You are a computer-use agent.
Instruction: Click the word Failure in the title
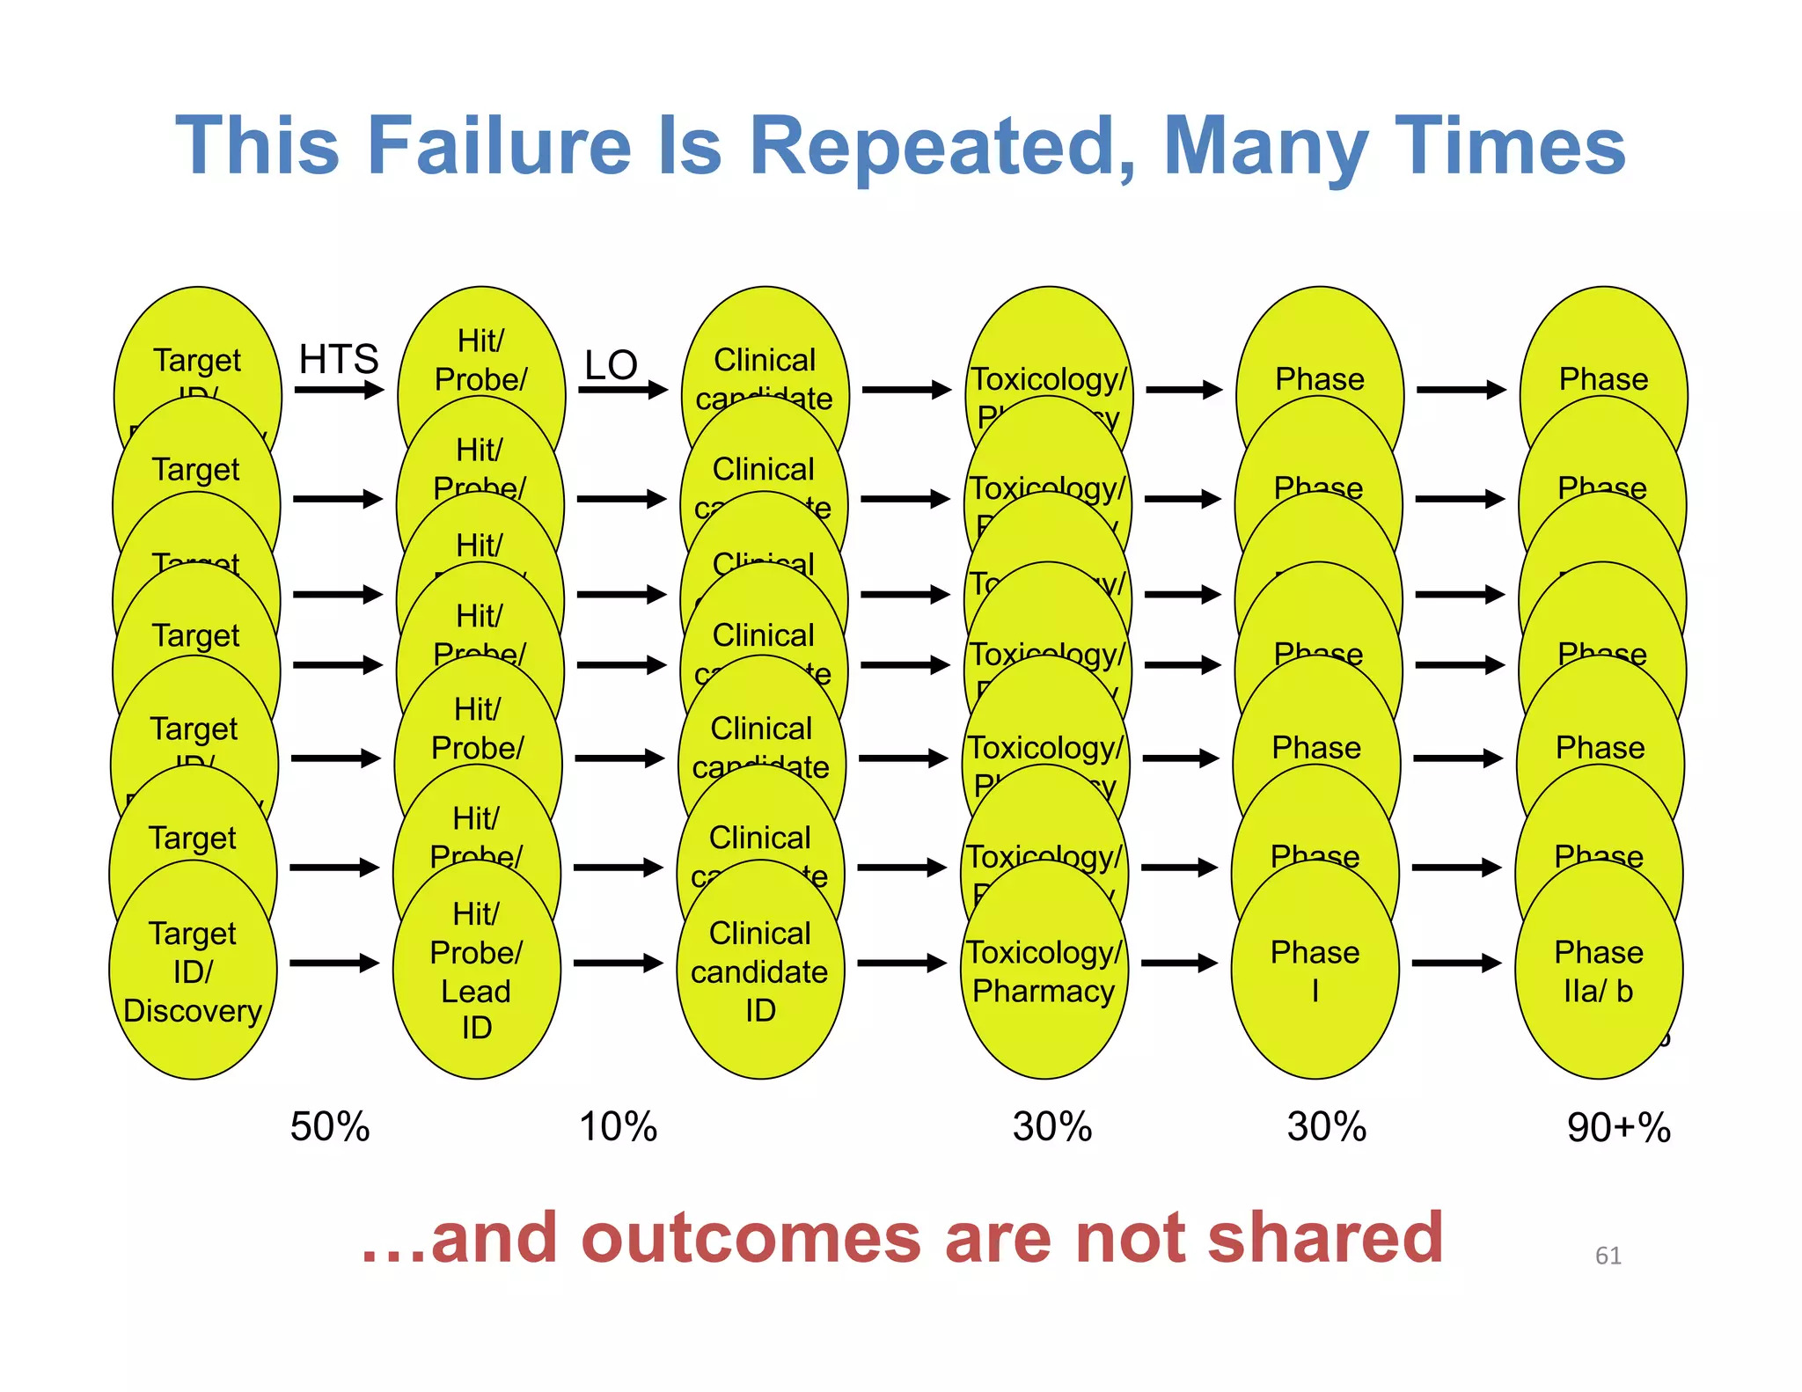[499, 146]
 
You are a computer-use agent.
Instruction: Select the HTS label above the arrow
[338, 359]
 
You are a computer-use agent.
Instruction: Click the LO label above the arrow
[611, 364]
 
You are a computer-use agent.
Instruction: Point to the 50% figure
[330, 1126]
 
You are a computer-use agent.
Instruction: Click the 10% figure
[618, 1126]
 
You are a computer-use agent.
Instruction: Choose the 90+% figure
[1618, 1127]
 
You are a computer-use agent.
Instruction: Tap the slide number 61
[1608, 1256]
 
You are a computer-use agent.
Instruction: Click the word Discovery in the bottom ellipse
[193, 1011]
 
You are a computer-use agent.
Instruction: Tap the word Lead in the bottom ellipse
[476, 992]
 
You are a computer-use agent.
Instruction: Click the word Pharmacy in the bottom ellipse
[1044, 992]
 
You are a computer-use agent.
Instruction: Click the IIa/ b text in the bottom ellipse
[1598, 992]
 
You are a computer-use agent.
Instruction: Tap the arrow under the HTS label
[339, 390]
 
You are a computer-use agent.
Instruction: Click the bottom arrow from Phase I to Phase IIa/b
[1456, 963]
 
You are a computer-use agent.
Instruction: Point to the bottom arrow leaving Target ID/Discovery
[333, 963]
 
